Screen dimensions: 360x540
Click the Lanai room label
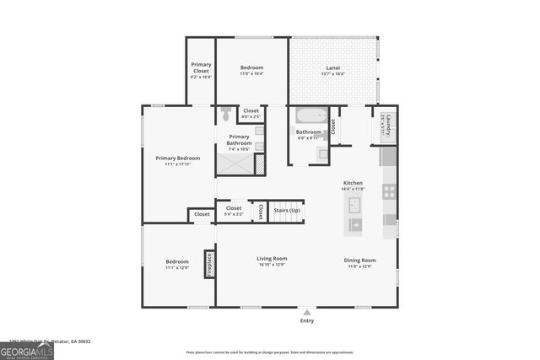coord(332,67)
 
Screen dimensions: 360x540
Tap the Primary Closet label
coord(201,67)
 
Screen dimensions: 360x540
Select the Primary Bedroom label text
coord(178,158)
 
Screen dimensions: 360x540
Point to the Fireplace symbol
coord(209,263)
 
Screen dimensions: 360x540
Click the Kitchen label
coord(353,183)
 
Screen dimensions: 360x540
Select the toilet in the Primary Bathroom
coord(226,111)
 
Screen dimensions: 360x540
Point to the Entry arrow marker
coord(306,311)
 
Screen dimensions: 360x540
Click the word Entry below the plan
coord(306,321)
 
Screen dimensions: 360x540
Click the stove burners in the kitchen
coord(389,191)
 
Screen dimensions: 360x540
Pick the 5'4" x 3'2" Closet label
coord(234,210)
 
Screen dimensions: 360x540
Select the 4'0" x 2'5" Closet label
coord(251,112)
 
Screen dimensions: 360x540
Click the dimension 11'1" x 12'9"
coord(177,267)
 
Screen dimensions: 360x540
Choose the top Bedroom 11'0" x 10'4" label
coord(251,70)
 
